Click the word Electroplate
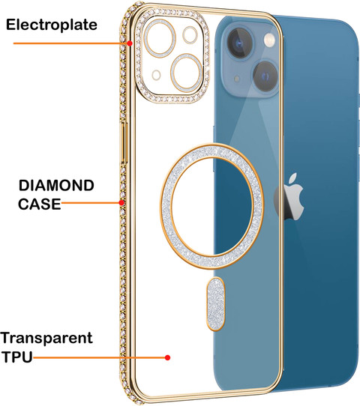52,25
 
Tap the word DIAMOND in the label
56,186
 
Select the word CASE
40,204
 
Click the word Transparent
46,339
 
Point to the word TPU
17,357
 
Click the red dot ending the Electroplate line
130,43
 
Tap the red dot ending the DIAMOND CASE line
121,202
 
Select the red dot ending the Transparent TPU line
168,357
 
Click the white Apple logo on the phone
290,197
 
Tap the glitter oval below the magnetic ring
215,304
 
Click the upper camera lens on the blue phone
239,43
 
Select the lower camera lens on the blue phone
265,76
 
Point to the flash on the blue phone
269,40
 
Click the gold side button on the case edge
124,142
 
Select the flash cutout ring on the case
190,35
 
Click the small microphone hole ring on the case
156,75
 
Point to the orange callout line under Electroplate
70,43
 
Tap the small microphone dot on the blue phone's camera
237,79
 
